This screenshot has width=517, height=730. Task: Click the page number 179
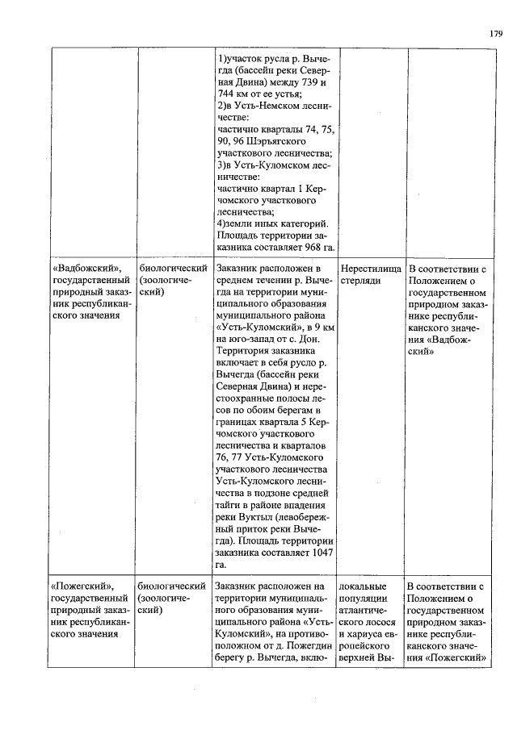tap(495, 33)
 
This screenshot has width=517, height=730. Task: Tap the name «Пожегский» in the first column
tap(82, 585)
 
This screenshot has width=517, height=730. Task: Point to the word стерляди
tap(360, 281)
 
